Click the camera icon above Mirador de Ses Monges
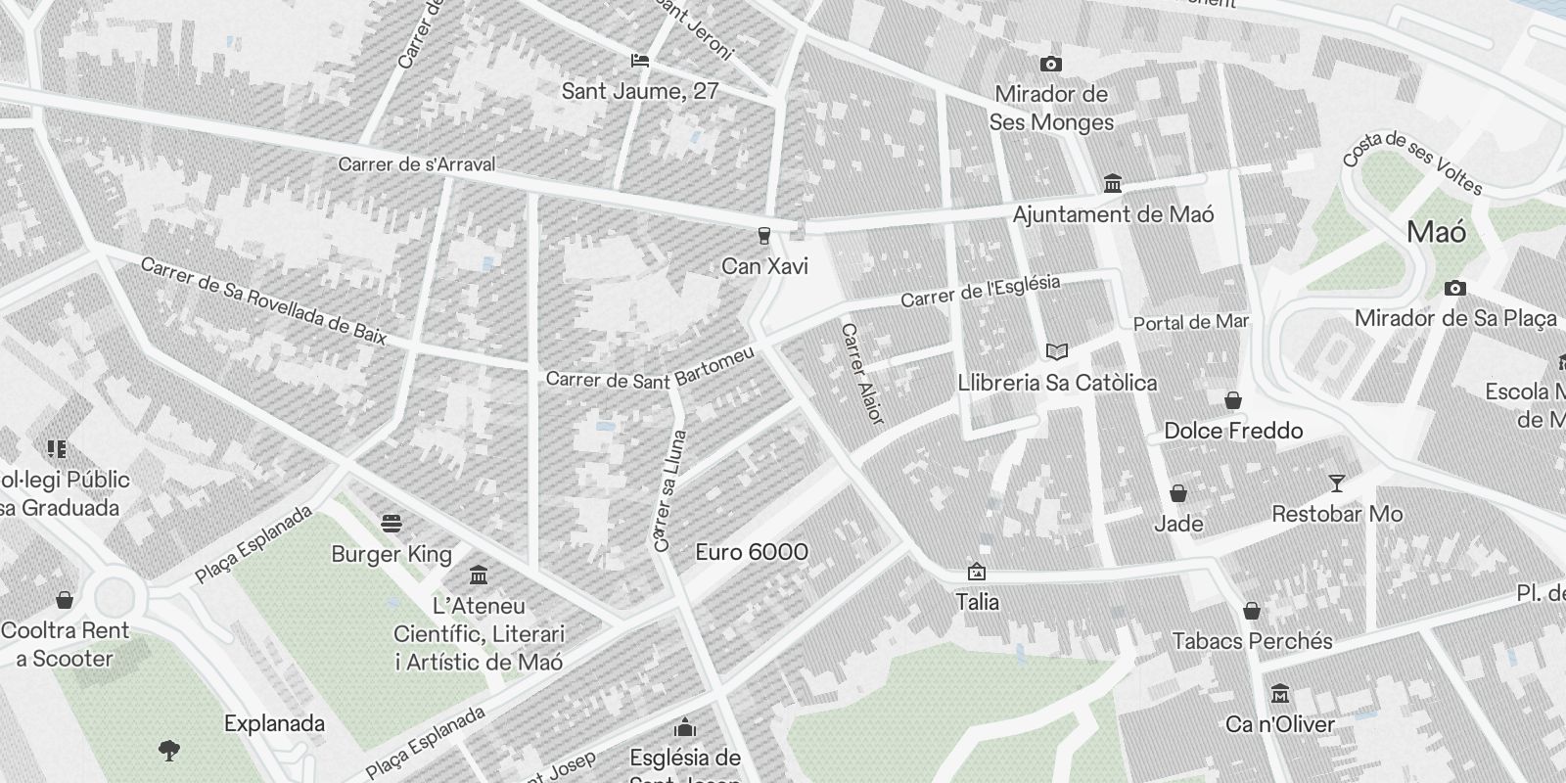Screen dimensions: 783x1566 tap(1050, 65)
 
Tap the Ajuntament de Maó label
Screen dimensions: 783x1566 tap(1113, 215)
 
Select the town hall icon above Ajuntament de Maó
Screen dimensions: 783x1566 tap(1112, 184)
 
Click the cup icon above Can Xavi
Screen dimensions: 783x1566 tap(763, 236)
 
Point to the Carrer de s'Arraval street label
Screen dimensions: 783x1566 tap(416, 164)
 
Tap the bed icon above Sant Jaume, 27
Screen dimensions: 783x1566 tap(640, 61)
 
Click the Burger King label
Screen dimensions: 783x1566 tap(391, 555)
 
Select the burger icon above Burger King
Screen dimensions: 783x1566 tap(391, 524)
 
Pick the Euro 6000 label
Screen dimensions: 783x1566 tap(752, 552)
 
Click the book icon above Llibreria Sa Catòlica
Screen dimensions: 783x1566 tap(1057, 351)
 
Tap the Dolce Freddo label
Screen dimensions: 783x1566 tap(1233, 431)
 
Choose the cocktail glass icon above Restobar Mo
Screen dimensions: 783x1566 tap(1336, 483)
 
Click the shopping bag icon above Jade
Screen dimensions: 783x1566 tap(1178, 493)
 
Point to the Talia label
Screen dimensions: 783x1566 tap(977, 602)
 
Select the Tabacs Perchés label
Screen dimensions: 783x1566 tap(1252, 642)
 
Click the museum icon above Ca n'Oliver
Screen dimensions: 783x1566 tap(1279, 694)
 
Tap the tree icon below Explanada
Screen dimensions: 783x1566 tap(169, 752)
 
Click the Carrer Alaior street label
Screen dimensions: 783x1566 tap(862, 374)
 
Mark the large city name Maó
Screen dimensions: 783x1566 tap(1436, 233)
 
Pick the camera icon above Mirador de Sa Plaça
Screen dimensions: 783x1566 tap(1455, 288)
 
